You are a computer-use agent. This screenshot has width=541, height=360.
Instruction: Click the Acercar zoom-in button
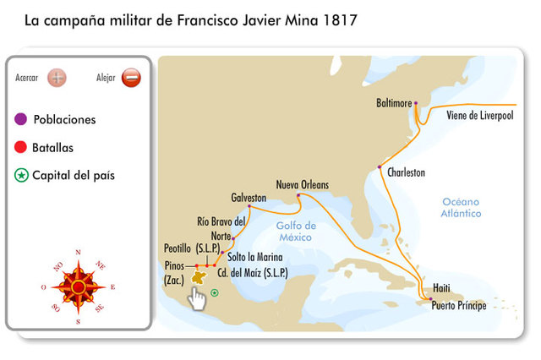tap(57, 78)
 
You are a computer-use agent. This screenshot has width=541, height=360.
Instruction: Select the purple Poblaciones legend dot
tap(21, 119)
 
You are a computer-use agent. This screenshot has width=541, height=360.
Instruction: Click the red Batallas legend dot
tap(21, 148)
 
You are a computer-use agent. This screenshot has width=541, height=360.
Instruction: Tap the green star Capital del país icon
tap(21, 176)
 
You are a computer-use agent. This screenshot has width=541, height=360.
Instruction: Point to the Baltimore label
tap(393, 103)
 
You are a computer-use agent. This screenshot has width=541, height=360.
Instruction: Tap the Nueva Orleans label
tap(302, 184)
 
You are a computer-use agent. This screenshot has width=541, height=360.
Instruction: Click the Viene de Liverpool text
tap(479, 116)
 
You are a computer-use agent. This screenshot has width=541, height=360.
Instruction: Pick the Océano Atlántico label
tap(461, 208)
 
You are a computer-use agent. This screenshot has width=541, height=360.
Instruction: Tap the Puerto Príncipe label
tap(458, 306)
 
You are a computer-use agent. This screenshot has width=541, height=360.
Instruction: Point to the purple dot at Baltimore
tap(416, 103)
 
